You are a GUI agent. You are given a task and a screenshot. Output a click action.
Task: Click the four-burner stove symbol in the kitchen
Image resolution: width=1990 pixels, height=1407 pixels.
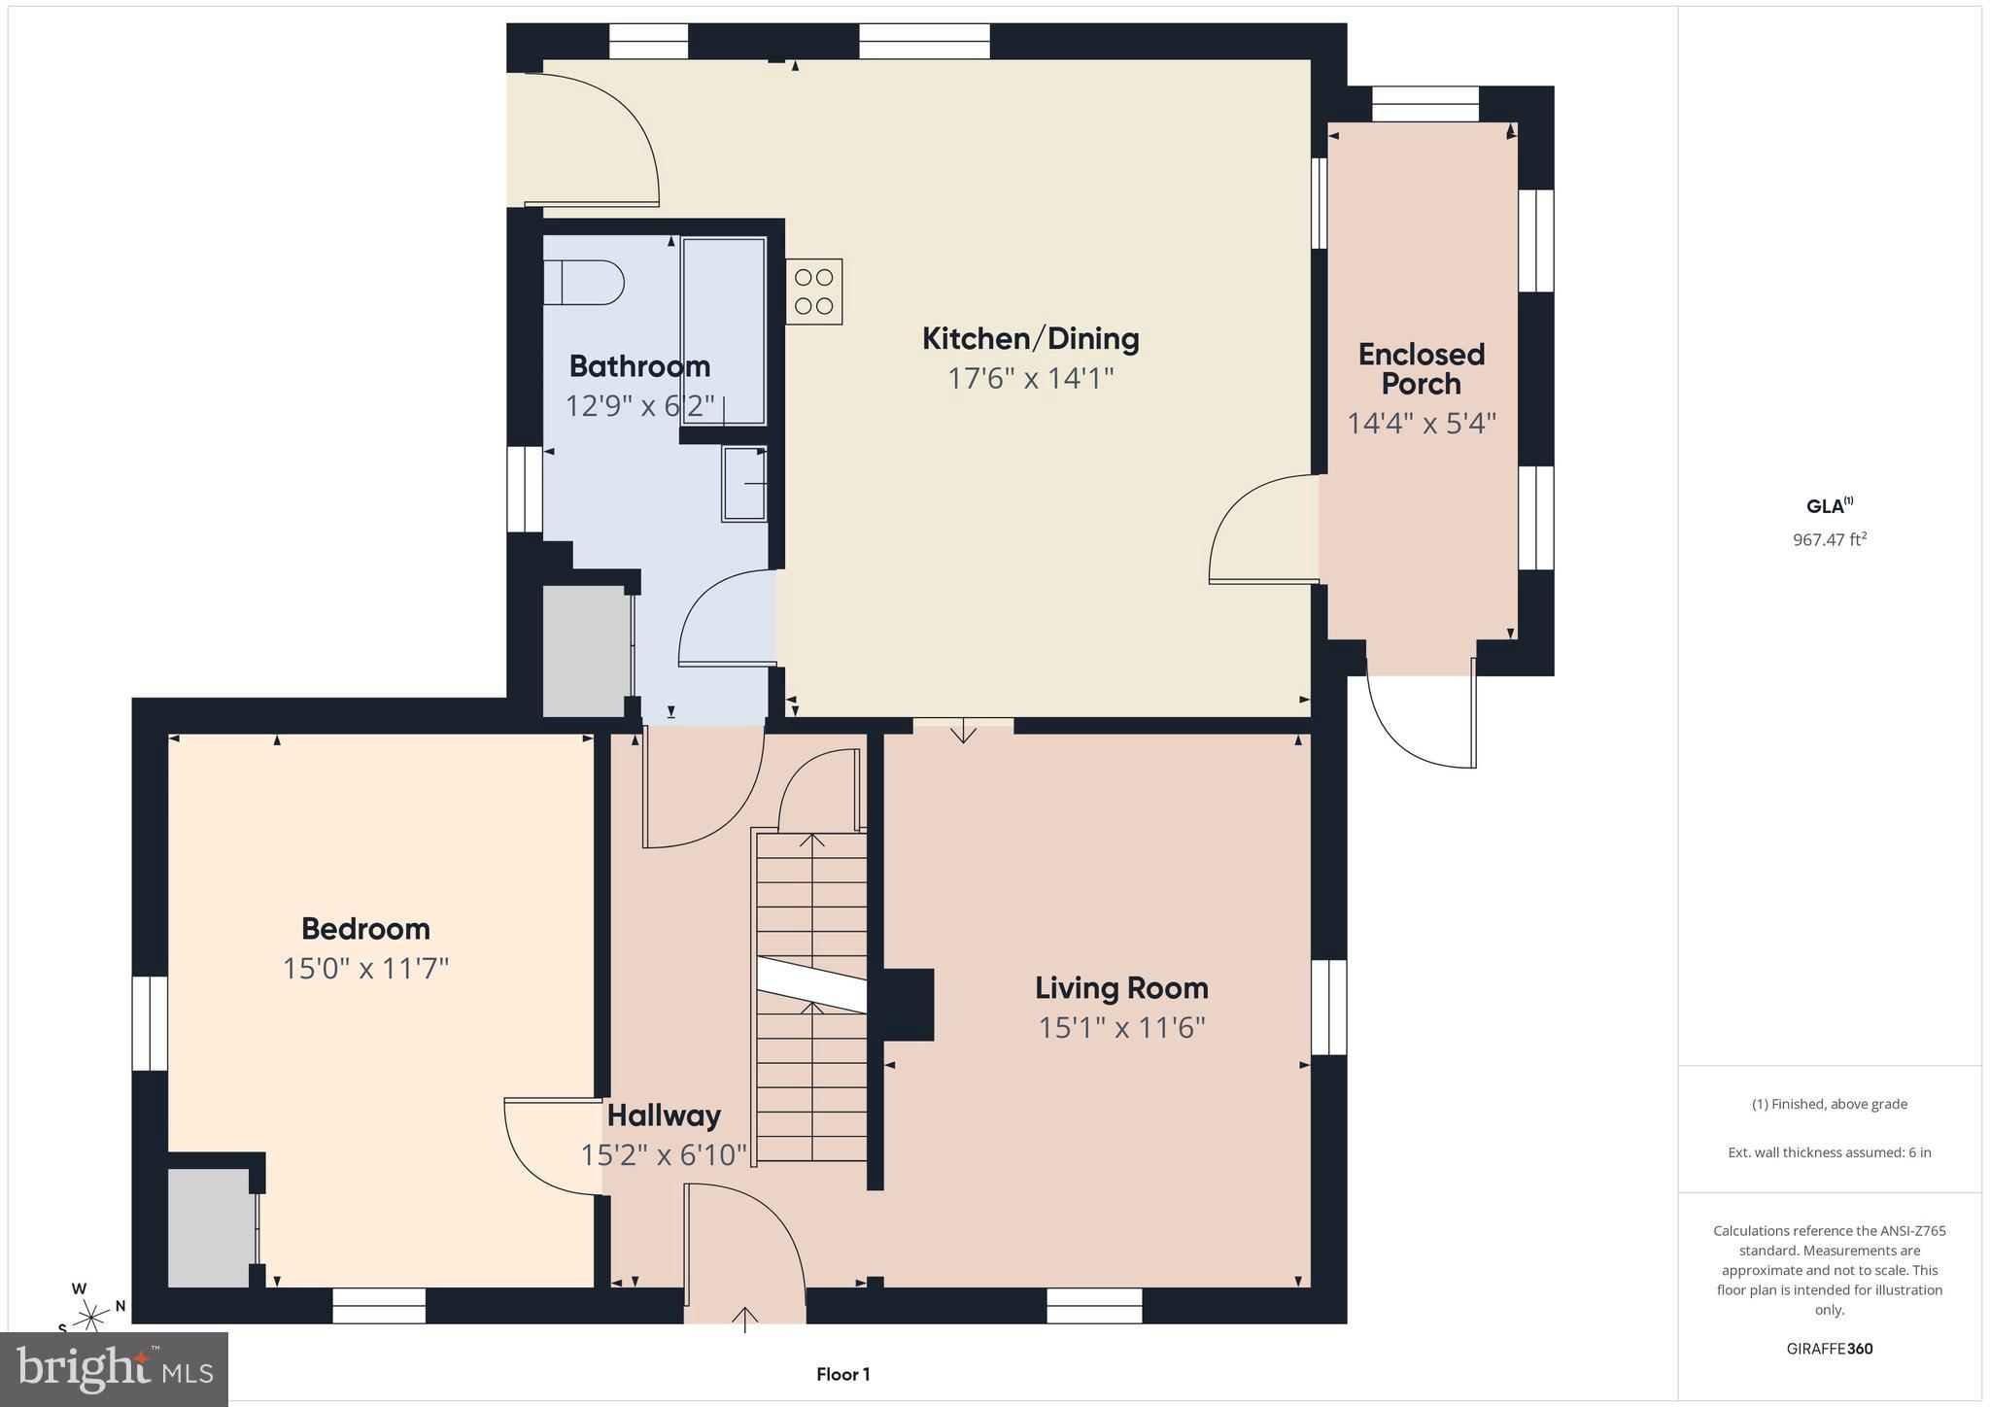(x=814, y=292)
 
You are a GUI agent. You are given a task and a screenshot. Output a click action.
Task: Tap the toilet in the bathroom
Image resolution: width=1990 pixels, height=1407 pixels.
(x=584, y=283)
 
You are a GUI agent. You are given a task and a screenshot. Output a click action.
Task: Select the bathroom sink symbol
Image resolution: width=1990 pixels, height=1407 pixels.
(x=744, y=483)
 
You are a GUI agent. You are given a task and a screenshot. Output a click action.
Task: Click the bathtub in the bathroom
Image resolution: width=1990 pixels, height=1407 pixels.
(x=724, y=330)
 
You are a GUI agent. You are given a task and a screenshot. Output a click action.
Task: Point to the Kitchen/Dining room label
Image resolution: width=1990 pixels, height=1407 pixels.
(x=1030, y=339)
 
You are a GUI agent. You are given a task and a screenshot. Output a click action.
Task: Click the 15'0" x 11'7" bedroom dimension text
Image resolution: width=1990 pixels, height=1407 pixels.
(x=365, y=969)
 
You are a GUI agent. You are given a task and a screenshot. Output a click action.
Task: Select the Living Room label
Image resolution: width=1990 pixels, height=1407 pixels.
(x=1121, y=988)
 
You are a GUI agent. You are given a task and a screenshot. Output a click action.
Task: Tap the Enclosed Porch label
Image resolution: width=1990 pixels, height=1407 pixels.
(x=1421, y=368)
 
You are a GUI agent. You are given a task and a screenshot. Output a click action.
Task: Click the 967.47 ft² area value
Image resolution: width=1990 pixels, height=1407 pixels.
(x=1830, y=539)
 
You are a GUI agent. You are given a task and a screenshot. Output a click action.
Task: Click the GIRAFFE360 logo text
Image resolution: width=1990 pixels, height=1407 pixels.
(x=1830, y=1349)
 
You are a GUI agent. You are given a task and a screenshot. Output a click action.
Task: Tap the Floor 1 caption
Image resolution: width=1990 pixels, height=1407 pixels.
(x=842, y=1374)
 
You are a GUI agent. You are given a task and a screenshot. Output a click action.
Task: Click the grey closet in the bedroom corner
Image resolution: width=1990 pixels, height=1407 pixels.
(x=209, y=1227)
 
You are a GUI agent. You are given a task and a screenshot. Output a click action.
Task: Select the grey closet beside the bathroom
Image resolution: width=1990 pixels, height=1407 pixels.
(x=585, y=650)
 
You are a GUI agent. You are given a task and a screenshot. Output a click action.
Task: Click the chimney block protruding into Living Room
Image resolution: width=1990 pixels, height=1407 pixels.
(x=909, y=1005)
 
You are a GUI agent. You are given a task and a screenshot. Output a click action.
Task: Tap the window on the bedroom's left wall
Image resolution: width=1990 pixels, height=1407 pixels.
(x=150, y=1023)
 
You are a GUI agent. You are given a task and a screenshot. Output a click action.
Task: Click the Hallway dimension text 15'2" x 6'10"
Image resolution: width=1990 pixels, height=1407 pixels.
(x=664, y=1155)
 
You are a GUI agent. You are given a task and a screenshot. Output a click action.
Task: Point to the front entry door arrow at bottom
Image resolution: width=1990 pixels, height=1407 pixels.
(x=745, y=1318)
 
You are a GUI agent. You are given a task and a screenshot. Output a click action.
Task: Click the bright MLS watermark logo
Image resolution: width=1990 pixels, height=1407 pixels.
(x=115, y=1368)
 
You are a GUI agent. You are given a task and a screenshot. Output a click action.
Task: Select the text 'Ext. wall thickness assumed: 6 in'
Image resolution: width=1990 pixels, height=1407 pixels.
(x=1830, y=1152)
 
